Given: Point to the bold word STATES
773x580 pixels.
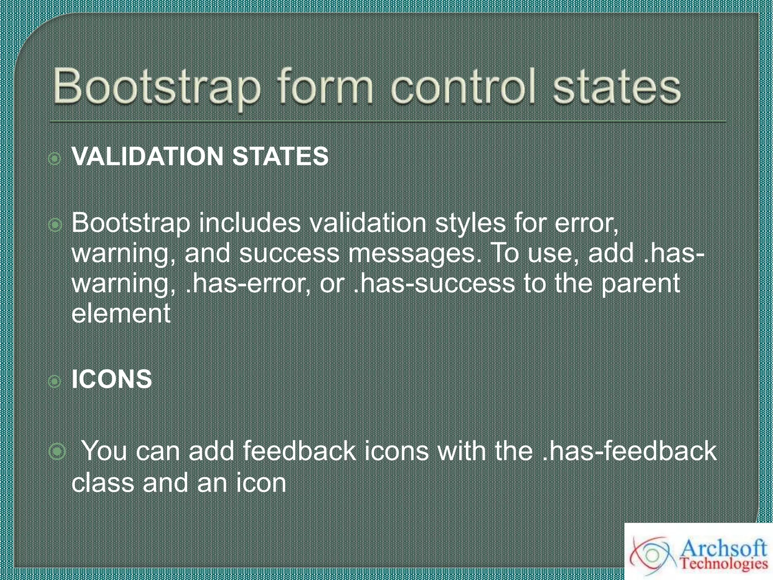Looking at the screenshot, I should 280,156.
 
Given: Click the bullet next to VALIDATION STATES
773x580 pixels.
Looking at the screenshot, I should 55,159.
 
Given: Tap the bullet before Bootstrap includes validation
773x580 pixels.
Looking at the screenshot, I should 55,225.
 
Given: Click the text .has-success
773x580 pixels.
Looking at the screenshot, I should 434,284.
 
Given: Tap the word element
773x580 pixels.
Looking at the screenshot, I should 121,314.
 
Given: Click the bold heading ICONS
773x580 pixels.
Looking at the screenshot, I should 112,379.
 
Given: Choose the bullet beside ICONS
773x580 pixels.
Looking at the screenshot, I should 55,382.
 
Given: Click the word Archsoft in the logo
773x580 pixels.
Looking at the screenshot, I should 723,548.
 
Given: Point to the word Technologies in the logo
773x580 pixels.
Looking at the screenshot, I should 724,564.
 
